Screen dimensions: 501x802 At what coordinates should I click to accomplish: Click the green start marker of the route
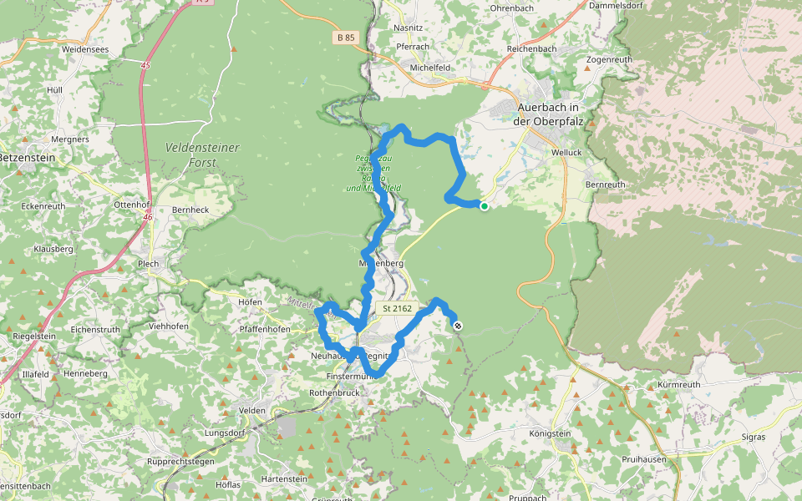point(484,205)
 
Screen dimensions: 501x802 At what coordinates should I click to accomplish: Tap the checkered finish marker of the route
point(457,326)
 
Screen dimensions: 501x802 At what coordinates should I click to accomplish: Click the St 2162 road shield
point(398,308)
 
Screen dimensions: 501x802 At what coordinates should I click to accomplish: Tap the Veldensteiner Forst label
point(202,154)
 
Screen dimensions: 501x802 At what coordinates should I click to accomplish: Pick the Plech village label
point(149,264)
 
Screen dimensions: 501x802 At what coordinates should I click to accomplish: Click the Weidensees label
point(85,49)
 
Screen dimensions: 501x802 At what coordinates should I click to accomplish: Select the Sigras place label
point(755,437)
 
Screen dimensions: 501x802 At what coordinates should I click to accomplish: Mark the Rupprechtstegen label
point(180,461)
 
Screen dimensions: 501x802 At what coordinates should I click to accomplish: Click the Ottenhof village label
point(130,204)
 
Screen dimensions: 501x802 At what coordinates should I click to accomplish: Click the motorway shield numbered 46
point(146,217)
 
